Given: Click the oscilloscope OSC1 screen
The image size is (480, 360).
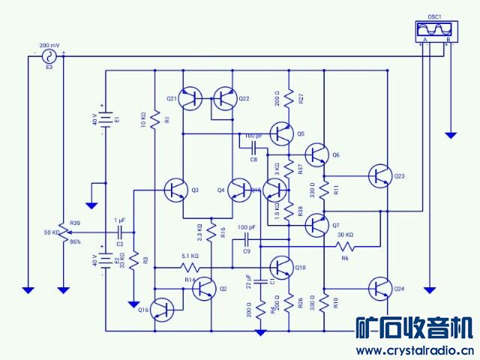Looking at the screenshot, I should [435, 29].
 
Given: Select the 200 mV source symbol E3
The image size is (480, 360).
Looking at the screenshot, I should [50, 56].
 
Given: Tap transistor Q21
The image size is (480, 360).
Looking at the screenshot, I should [193, 97].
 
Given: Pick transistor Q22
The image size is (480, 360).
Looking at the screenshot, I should [225, 97].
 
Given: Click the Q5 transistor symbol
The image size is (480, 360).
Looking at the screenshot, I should [283, 134].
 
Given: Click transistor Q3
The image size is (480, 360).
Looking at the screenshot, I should [177, 190].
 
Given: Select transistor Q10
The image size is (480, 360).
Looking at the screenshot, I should [283, 267].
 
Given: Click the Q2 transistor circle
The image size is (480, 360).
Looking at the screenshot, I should [204, 289].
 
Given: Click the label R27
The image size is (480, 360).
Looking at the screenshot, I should [300, 98].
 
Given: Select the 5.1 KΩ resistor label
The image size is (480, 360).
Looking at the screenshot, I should [190, 256].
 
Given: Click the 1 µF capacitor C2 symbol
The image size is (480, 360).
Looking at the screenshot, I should [119, 232].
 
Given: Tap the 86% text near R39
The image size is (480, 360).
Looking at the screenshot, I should [75, 241].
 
